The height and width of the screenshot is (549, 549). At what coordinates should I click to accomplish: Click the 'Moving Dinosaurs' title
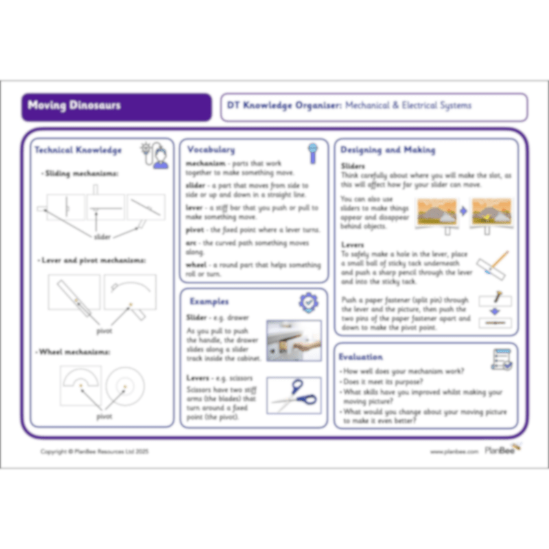click(75, 106)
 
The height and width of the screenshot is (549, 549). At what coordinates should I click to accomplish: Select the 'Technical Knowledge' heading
click(78, 150)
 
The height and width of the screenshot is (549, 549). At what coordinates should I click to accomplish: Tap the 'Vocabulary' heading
click(211, 150)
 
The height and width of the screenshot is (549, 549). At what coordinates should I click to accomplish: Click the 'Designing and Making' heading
click(388, 150)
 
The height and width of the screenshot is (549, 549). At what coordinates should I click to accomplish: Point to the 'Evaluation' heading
click(362, 357)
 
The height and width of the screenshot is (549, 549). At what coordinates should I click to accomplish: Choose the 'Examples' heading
click(209, 301)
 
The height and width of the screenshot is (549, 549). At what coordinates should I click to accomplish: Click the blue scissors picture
click(294, 395)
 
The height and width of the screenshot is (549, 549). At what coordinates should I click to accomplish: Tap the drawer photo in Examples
click(294, 340)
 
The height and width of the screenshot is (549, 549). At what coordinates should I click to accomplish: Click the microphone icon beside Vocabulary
click(312, 152)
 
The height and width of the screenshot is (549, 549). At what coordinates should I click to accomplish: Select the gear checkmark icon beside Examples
click(308, 303)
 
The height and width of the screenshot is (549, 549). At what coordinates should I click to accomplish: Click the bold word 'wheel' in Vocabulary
click(198, 265)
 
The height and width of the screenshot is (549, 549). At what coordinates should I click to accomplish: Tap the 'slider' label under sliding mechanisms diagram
click(103, 237)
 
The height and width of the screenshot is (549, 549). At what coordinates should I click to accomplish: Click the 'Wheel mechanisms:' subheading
click(75, 352)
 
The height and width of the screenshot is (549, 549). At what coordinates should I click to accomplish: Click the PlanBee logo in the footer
click(502, 450)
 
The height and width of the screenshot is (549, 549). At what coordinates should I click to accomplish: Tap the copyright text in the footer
click(95, 452)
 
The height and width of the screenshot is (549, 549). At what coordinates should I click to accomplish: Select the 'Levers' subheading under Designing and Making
click(353, 244)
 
